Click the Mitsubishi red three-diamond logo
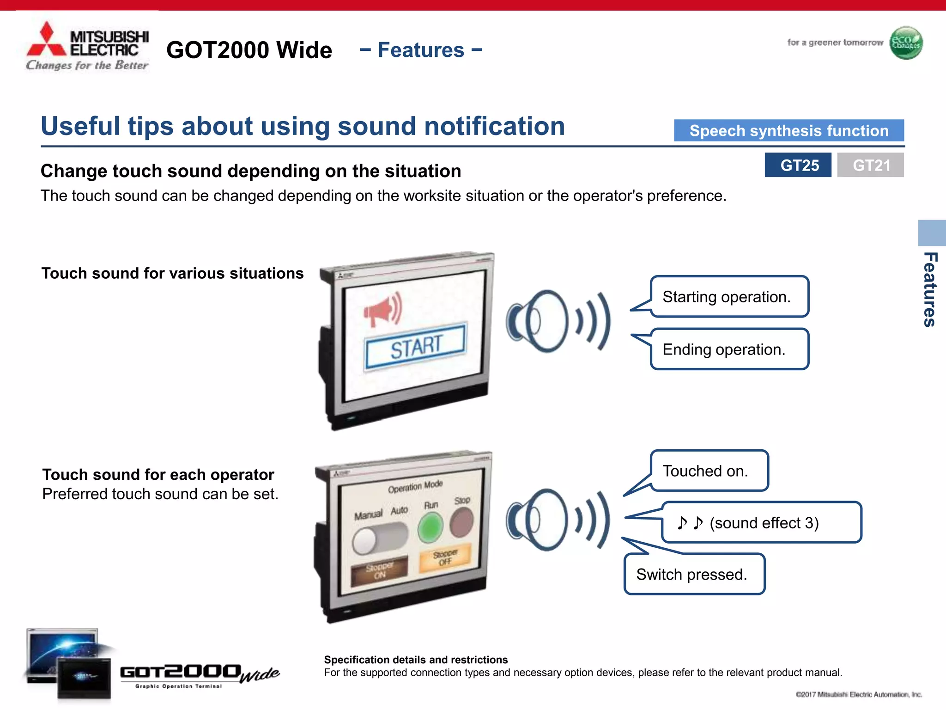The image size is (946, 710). click(x=46, y=40)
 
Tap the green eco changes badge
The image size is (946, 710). click(x=906, y=43)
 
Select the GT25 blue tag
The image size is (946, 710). click(x=798, y=165)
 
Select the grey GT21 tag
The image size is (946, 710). click(x=870, y=165)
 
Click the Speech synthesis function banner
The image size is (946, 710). click(x=788, y=131)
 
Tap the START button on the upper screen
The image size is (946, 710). click(x=415, y=347)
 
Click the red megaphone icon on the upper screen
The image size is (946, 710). click(x=383, y=309)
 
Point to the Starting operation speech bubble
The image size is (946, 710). click(x=729, y=297)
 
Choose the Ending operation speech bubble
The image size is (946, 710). click(x=729, y=349)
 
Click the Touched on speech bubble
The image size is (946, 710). click(x=709, y=471)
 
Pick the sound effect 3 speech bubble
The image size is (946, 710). click(x=761, y=523)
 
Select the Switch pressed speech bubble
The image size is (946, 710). click(x=694, y=575)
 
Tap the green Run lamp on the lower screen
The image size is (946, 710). click(x=430, y=527)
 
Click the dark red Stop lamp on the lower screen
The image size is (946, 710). click(x=461, y=522)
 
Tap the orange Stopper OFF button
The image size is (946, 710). click(x=445, y=557)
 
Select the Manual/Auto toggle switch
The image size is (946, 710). click(x=379, y=539)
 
